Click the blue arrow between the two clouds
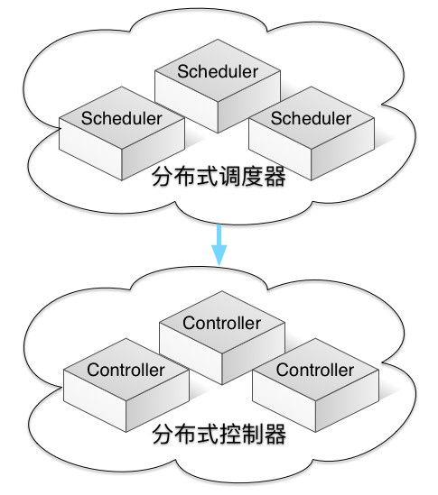click(x=219, y=244)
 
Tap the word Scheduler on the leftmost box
click(x=122, y=118)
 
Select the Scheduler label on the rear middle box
click(x=218, y=71)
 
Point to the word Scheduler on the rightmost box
click(x=312, y=118)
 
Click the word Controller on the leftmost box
click(x=126, y=370)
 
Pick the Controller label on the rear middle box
click(x=221, y=323)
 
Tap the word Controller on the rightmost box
click(x=315, y=370)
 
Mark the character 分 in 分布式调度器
click(x=163, y=176)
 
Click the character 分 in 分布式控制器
click(x=163, y=434)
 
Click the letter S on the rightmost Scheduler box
click(x=276, y=118)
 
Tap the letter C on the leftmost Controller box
click(x=93, y=370)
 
